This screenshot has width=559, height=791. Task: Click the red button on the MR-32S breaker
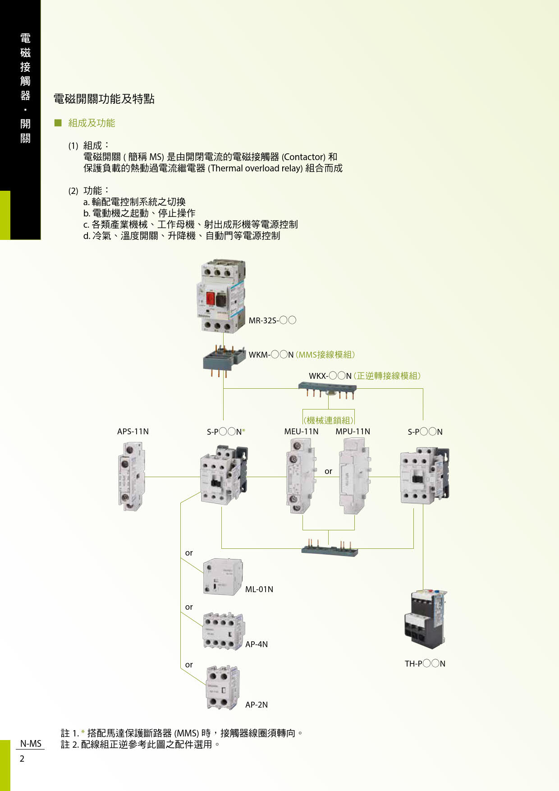coord(210,298)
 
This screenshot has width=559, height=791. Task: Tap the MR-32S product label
coord(272,321)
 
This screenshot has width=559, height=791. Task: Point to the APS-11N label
coord(133,432)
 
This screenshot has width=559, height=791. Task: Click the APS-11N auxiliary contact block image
coord(131,476)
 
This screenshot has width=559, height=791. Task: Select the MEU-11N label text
coord(301,432)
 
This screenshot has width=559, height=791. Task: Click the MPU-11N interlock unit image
coord(354,476)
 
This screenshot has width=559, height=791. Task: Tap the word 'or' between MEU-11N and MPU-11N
coord(328,471)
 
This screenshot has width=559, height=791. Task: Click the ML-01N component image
coord(223,577)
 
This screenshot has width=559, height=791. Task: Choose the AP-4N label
coord(257,644)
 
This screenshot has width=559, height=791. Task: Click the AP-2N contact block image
coord(222,688)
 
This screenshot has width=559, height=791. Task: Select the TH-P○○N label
coord(425,664)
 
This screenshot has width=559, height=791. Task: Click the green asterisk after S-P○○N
coord(244,432)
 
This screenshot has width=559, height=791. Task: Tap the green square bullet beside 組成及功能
coord(58,123)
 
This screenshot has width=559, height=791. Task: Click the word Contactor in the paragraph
coord(303,157)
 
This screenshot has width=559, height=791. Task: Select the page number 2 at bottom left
coord(22,759)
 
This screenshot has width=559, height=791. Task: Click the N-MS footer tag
coord(31,744)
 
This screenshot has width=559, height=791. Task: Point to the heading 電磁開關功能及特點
coord(104,99)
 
